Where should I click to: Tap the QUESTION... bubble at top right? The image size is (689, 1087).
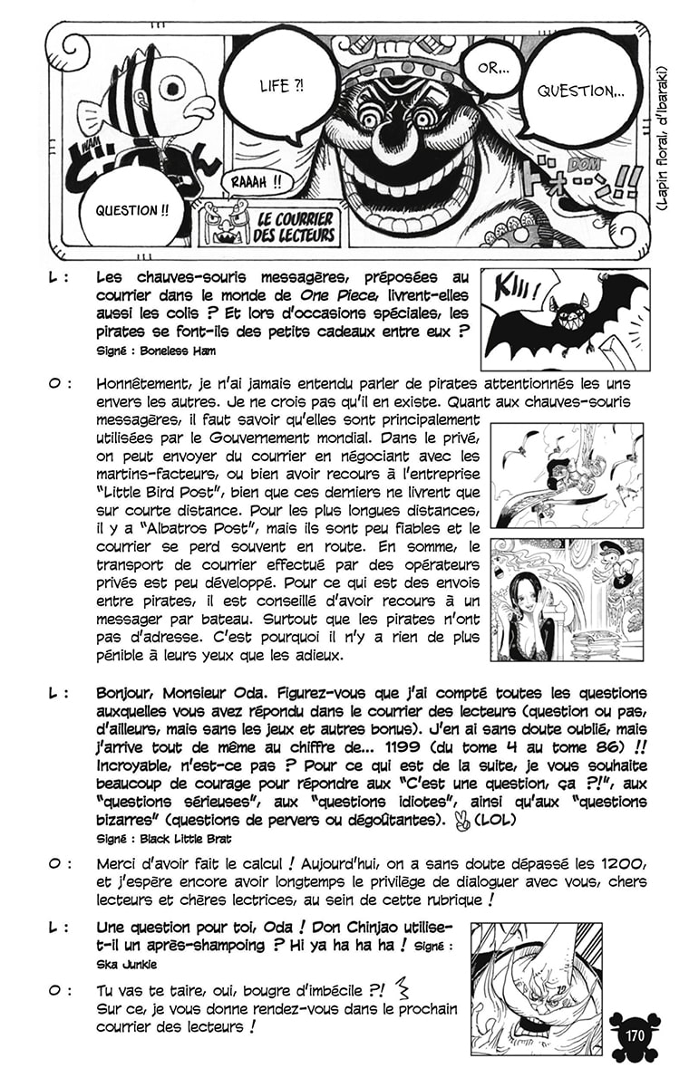[580, 91]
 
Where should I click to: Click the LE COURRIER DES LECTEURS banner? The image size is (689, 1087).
[296, 226]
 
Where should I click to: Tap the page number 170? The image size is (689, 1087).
[635, 1032]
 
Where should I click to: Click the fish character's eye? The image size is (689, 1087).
[172, 89]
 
